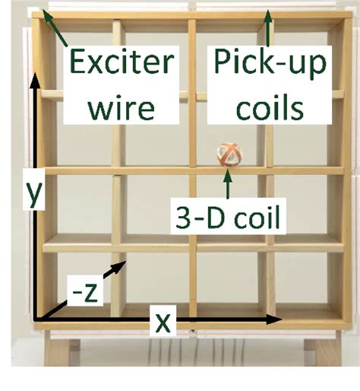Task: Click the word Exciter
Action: pos(122,62)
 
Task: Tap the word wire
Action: pos(121,107)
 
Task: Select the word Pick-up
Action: pos(270,63)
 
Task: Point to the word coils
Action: pos(270,107)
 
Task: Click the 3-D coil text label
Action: pos(228,217)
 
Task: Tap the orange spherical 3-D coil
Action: pos(229,155)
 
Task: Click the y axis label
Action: pos(33,192)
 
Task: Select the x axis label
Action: pos(163,323)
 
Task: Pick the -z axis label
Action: pos(85,294)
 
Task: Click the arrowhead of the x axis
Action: pos(275,319)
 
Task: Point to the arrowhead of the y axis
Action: pos(35,80)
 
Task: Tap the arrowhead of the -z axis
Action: pos(119,266)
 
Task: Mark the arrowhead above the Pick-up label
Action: pos(269,17)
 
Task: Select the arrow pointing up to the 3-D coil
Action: pos(228,183)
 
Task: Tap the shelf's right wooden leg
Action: pos(321,351)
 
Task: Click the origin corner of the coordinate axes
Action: pos(36,319)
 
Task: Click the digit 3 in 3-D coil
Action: pos(183,218)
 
